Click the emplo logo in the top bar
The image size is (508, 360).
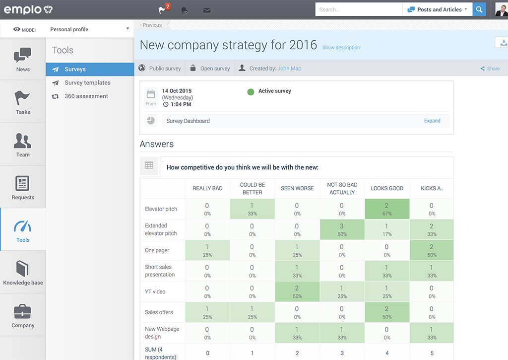(x=27, y=10)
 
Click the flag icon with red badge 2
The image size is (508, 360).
(x=163, y=10)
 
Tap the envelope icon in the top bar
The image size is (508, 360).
(x=207, y=10)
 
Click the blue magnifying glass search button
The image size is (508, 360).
(x=479, y=9)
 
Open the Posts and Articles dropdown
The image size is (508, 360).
(x=437, y=9)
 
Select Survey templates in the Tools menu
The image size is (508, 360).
(x=87, y=83)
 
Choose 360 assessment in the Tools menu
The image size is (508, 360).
(x=86, y=96)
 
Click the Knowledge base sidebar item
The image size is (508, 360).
(x=23, y=272)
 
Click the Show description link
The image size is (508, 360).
(x=341, y=48)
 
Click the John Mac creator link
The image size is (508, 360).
(x=289, y=69)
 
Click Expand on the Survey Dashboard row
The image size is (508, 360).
(x=432, y=121)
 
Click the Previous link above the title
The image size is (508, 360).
(x=151, y=25)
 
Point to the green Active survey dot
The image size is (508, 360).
(x=251, y=91)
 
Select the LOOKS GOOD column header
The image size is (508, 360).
(x=387, y=189)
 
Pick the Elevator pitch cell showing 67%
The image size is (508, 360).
(x=387, y=209)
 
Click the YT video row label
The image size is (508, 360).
(x=155, y=291)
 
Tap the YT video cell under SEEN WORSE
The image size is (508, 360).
(x=297, y=291)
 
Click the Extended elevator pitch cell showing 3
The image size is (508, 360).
(x=342, y=229)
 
